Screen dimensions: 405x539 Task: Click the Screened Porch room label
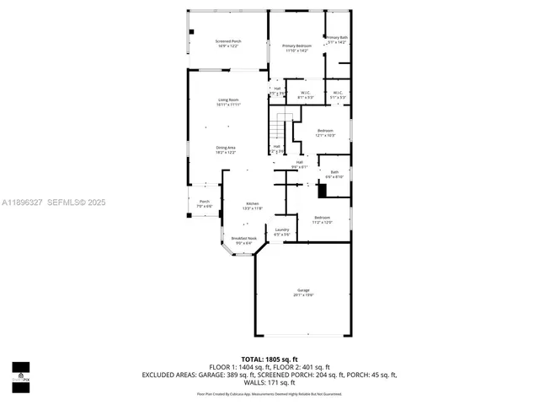click(228, 43)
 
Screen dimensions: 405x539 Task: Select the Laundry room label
click(281, 231)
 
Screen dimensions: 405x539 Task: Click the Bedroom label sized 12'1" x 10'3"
click(324, 132)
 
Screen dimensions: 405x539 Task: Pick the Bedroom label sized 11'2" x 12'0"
click(323, 219)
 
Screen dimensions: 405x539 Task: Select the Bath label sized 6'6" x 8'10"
click(334, 174)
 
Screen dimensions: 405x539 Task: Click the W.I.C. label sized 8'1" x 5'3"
click(305, 95)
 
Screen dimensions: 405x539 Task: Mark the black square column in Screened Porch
click(192, 32)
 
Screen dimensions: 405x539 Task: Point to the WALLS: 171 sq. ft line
click(275, 381)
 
